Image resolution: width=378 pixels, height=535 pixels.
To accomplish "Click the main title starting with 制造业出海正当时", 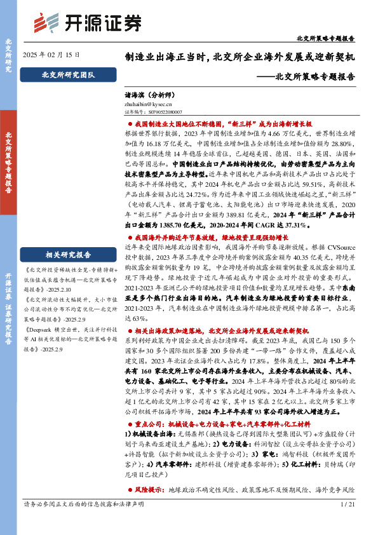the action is tap(240, 57).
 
